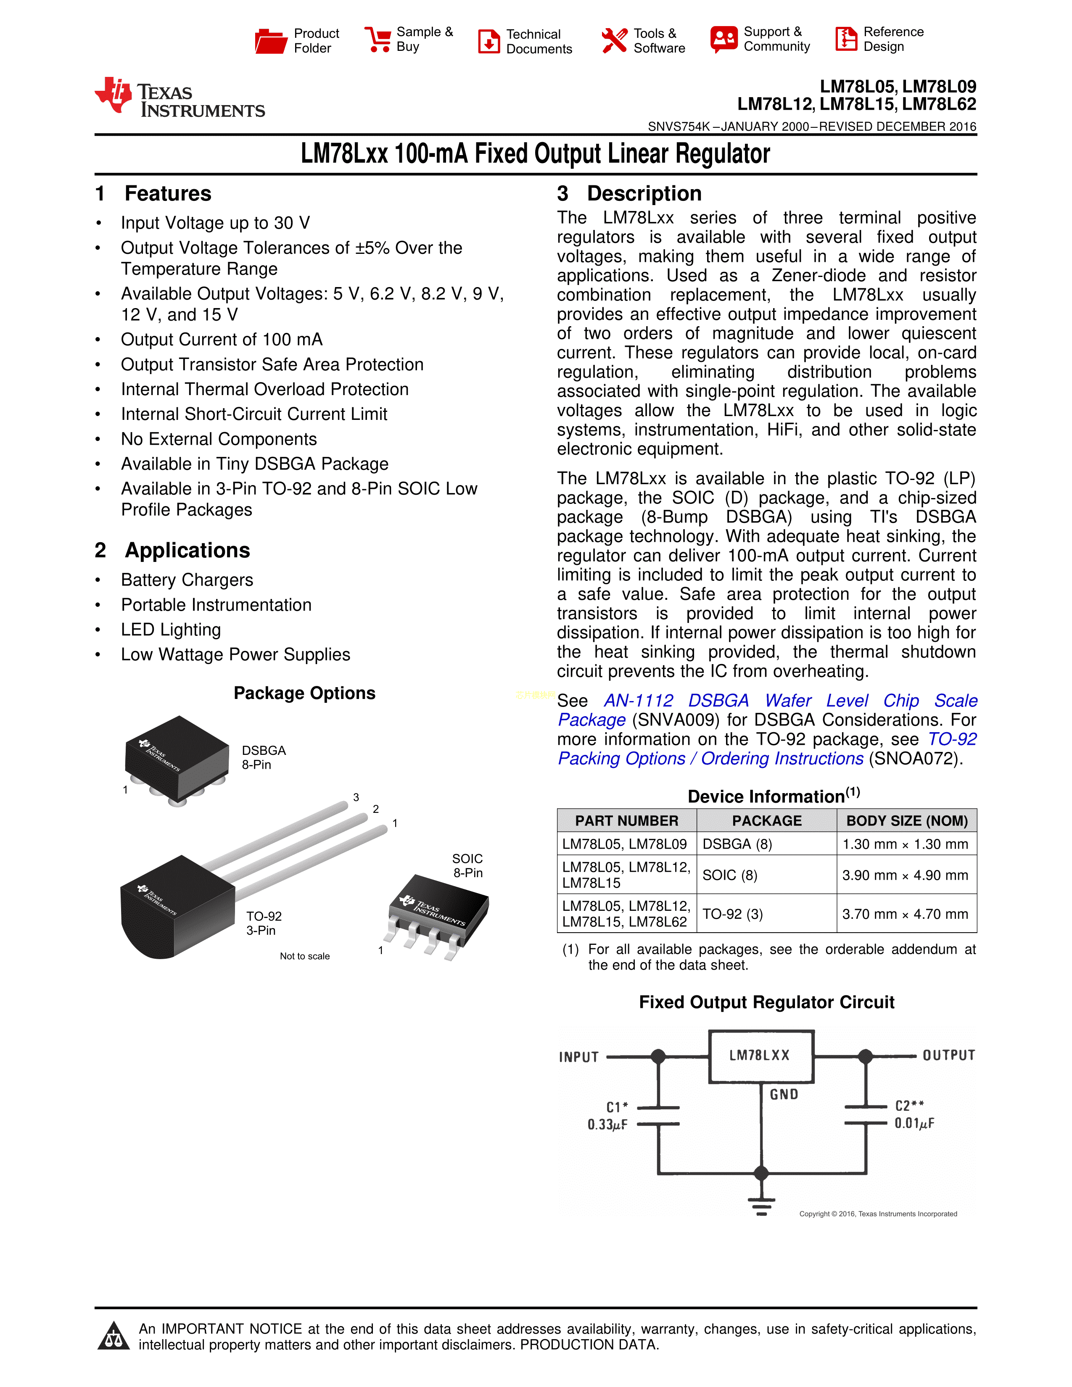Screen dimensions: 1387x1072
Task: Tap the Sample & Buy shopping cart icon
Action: coord(378,40)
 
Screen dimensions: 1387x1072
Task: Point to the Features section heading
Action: coord(168,194)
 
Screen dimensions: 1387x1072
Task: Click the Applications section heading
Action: coord(187,550)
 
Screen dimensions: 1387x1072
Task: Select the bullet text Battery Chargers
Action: coord(187,580)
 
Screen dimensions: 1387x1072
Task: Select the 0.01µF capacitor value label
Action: coord(914,1123)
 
